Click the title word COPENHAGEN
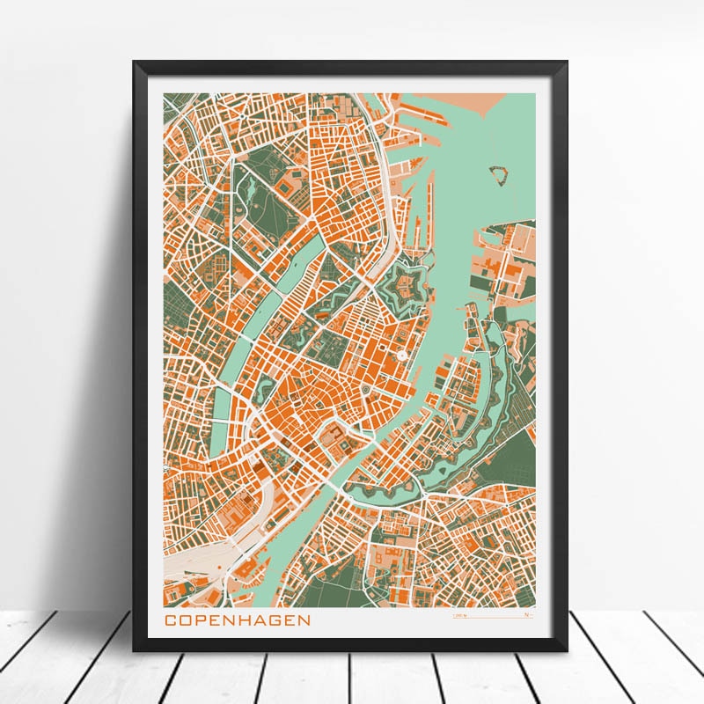[238, 620]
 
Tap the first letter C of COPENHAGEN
[171, 620]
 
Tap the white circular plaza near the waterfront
[401, 355]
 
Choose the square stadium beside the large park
[286, 188]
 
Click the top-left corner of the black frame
[135, 62]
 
